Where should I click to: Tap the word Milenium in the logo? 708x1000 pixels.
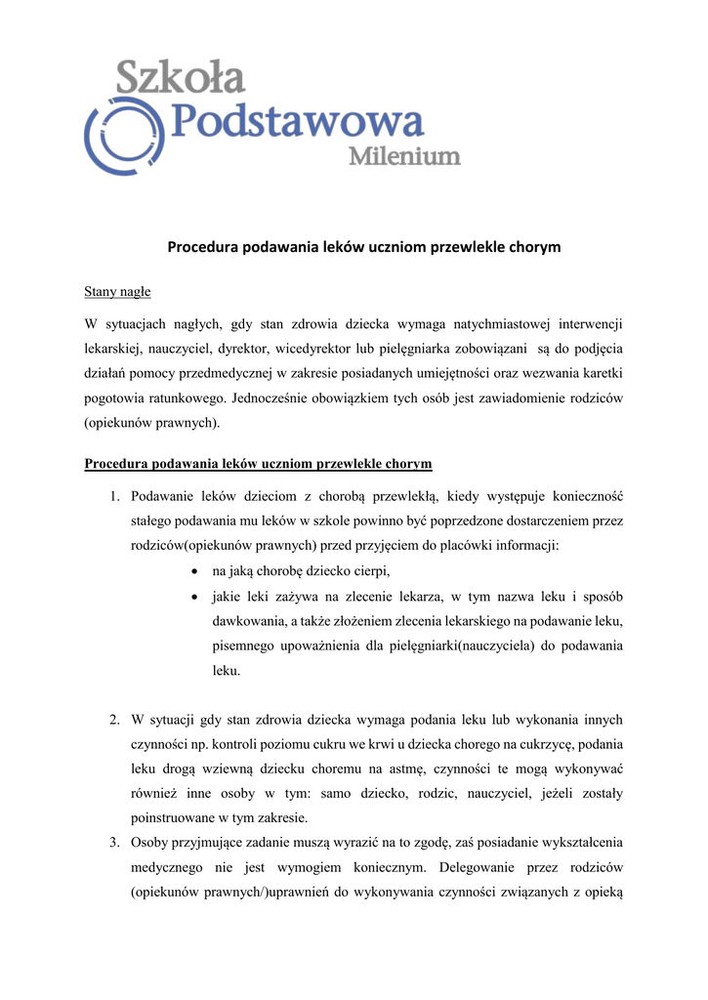[404, 156]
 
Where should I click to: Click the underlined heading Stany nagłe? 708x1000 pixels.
[117, 291]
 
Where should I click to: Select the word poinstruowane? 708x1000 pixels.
[174, 816]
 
